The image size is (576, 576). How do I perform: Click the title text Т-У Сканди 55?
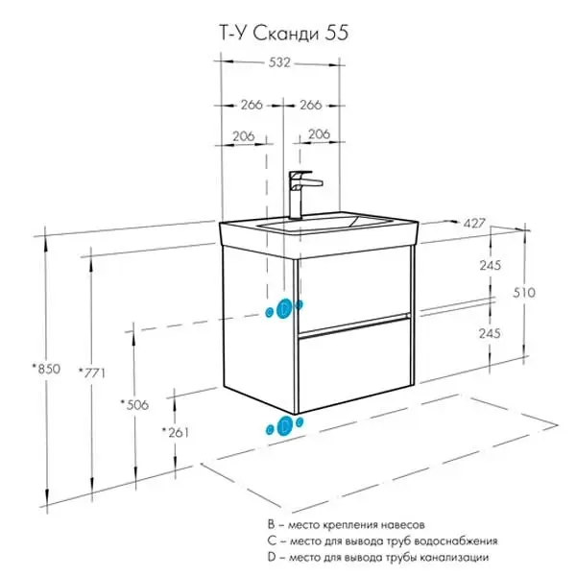(277, 33)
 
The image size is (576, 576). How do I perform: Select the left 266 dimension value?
(251, 105)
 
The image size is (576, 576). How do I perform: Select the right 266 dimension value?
(310, 105)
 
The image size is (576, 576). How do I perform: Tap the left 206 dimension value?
(244, 135)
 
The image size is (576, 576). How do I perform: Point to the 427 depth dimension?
(473, 223)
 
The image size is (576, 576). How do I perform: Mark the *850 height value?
(44, 368)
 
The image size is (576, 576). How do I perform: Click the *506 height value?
(133, 404)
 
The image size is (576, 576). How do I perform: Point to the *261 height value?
(176, 432)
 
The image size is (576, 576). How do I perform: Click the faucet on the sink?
(301, 193)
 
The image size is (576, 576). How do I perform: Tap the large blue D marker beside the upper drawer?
(283, 308)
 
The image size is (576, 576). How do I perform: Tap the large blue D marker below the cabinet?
(285, 426)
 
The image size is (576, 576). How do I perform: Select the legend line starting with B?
(346, 525)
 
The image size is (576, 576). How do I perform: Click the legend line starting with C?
(382, 540)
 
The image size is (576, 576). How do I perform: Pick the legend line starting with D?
(379, 557)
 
